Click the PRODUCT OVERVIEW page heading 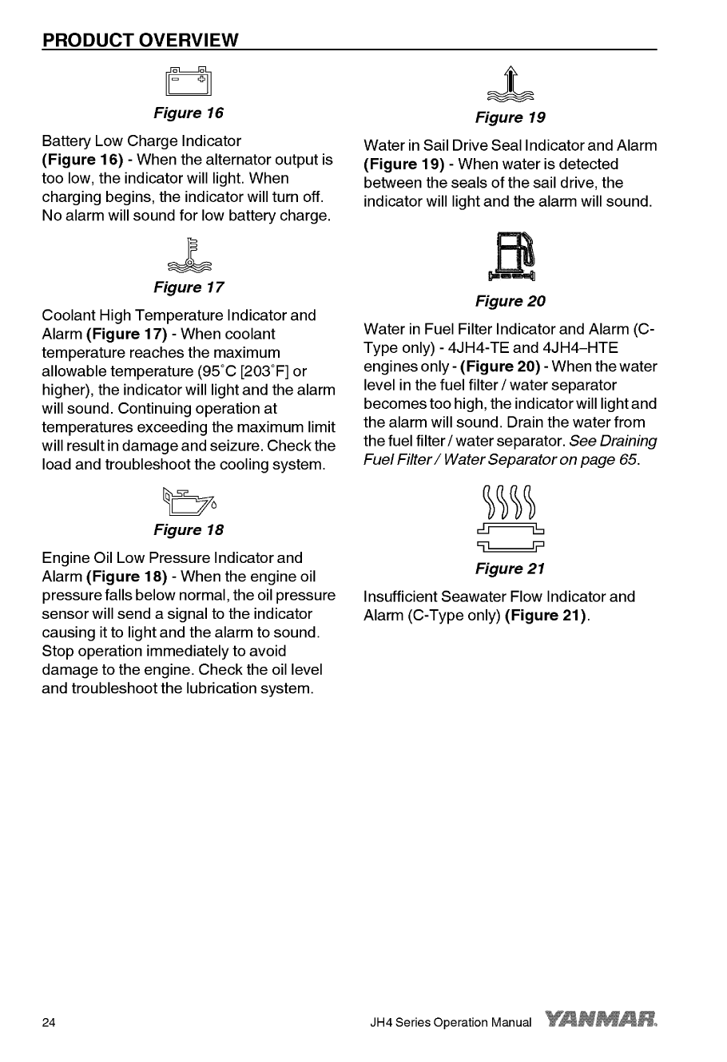[x=141, y=39]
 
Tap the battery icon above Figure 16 [x=189, y=81]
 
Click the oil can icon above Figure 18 [x=189, y=499]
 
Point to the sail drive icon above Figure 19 [x=510, y=85]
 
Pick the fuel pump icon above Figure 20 [x=510, y=256]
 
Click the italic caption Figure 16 [x=189, y=112]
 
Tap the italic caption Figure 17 [x=189, y=287]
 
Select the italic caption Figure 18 [x=189, y=529]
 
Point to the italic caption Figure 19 [x=510, y=117]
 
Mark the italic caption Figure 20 [x=510, y=301]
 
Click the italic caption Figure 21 [x=510, y=569]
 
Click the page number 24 [x=49, y=1023]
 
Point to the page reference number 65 [x=627, y=460]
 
